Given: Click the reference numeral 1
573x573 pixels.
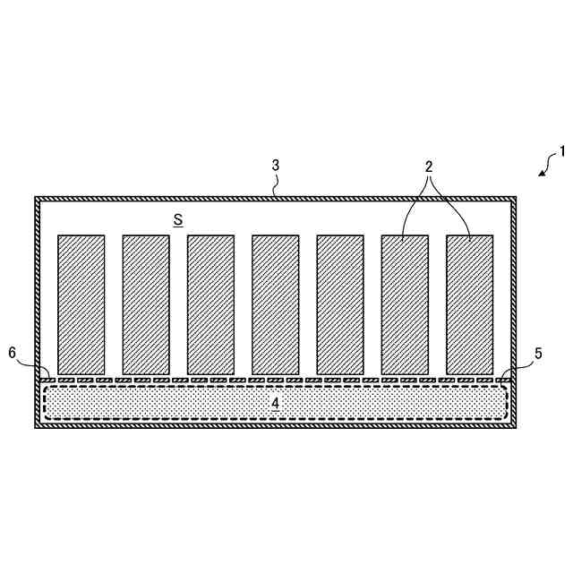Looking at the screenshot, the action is click(x=562, y=151).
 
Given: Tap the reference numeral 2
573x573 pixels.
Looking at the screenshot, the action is click(x=429, y=167).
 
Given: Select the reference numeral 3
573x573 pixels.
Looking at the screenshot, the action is click(x=276, y=165).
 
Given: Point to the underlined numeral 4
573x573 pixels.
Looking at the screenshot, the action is click(x=275, y=403).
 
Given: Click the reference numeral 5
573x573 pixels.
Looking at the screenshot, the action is click(x=537, y=354).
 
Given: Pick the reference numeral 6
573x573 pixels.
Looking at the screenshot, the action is click(x=13, y=354).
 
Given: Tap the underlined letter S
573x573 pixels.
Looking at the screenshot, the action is click(x=178, y=218).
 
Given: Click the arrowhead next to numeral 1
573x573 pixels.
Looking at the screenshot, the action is click(x=542, y=173).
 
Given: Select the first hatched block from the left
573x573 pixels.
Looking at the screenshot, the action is click(x=81, y=304).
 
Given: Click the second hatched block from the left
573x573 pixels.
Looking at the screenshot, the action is click(x=146, y=304).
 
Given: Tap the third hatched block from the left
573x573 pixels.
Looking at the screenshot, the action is click(x=210, y=304).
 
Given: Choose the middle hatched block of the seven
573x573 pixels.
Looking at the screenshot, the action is click(x=275, y=304).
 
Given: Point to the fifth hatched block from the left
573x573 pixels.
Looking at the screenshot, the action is click(x=340, y=304).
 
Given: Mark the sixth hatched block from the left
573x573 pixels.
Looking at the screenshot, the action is click(x=405, y=304).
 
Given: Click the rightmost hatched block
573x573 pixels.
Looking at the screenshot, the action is click(x=469, y=304).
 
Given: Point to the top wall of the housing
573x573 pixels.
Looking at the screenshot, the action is click(x=179, y=198).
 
